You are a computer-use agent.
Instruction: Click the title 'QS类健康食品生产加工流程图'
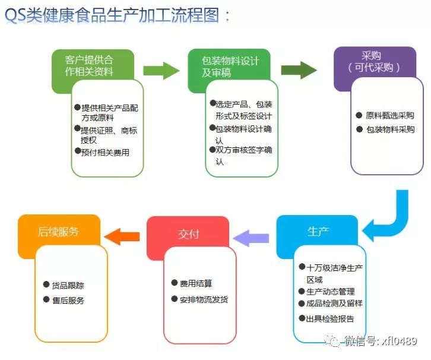coord(112,15)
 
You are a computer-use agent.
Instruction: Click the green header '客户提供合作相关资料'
coord(89,65)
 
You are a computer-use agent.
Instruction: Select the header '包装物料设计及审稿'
coord(230,67)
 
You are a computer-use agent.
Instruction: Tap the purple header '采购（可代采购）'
coord(374,62)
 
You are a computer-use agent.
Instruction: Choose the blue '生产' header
coord(318,231)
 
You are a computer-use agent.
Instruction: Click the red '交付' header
coord(188,234)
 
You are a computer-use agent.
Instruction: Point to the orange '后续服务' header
coord(58,232)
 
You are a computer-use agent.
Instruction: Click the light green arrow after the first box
coord(161,71)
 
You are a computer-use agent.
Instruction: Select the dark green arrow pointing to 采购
coord(299,70)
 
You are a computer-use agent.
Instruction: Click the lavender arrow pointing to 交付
coord(251,238)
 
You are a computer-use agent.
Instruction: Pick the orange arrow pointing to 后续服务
coord(122,236)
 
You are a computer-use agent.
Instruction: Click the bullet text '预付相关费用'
coord(105,152)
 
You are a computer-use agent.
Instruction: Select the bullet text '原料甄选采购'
coord(390,115)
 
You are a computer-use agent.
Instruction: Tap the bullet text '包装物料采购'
coord(390,130)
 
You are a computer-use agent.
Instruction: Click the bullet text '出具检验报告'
coord(330,319)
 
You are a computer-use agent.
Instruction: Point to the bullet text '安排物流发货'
coord(204,299)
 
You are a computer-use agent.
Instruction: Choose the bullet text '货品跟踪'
coord(68,286)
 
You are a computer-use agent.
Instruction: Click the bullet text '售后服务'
coord(68,301)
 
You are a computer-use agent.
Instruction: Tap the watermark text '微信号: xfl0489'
coord(381,342)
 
